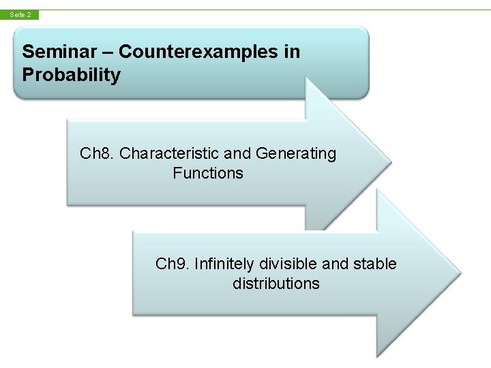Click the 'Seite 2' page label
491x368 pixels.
click(x=20, y=14)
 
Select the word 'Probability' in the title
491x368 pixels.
click(x=71, y=75)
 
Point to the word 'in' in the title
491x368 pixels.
click(x=292, y=52)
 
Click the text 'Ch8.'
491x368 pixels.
click(x=97, y=153)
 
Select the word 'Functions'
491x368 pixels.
click(x=208, y=173)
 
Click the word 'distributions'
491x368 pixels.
click(x=276, y=283)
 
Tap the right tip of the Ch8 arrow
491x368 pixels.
click(x=391, y=163)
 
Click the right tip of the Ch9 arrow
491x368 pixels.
click(x=460, y=274)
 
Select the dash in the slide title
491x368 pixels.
click(x=108, y=52)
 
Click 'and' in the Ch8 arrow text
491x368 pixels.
click(x=240, y=153)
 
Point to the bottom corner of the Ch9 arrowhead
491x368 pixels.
click(x=376, y=356)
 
